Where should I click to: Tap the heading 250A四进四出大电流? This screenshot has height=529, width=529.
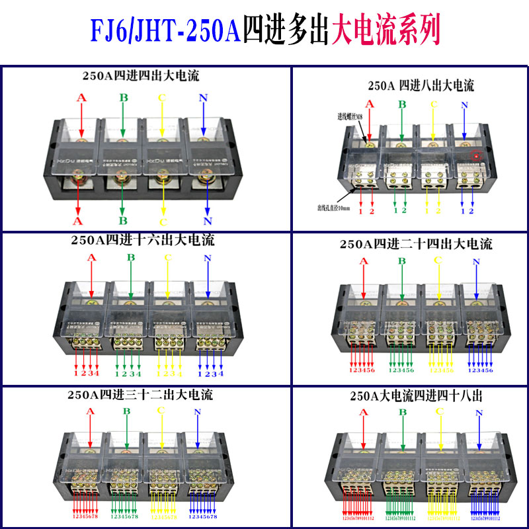click(136, 76)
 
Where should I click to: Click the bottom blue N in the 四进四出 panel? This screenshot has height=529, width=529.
click(208, 220)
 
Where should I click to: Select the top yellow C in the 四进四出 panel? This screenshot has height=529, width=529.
click(161, 99)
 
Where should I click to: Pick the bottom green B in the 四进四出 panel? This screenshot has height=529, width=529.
click(122, 220)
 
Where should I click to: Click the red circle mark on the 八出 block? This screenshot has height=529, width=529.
click(474, 156)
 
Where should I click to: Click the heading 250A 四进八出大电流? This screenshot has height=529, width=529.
click(421, 85)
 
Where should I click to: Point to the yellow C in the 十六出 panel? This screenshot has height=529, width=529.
click(161, 258)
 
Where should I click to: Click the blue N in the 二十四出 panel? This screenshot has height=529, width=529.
click(476, 263)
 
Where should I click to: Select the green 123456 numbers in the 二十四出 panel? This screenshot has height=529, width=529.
click(400, 370)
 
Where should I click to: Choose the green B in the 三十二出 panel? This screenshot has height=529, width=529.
click(125, 411)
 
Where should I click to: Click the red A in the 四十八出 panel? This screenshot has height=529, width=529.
click(362, 413)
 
